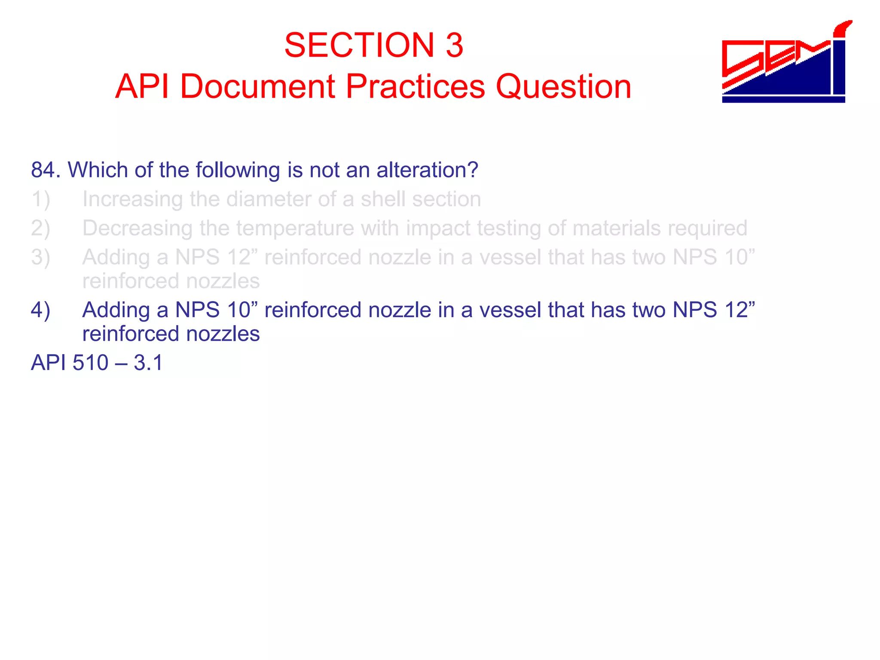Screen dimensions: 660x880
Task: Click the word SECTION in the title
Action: [359, 45]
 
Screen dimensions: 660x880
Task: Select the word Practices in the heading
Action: [416, 86]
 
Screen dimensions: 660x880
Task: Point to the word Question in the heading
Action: [563, 86]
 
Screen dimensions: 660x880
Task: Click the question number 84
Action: [45, 170]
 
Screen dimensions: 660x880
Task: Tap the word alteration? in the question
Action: [427, 170]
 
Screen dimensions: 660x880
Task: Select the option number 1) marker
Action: [40, 199]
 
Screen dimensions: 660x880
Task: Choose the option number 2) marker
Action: [40, 228]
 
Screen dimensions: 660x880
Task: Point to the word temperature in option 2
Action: [295, 228]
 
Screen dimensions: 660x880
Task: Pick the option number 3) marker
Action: [40, 257]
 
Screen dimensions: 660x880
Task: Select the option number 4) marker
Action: [40, 310]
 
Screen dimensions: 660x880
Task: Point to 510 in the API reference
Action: [90, 363]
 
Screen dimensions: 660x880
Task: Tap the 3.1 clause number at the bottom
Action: [148, 363]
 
